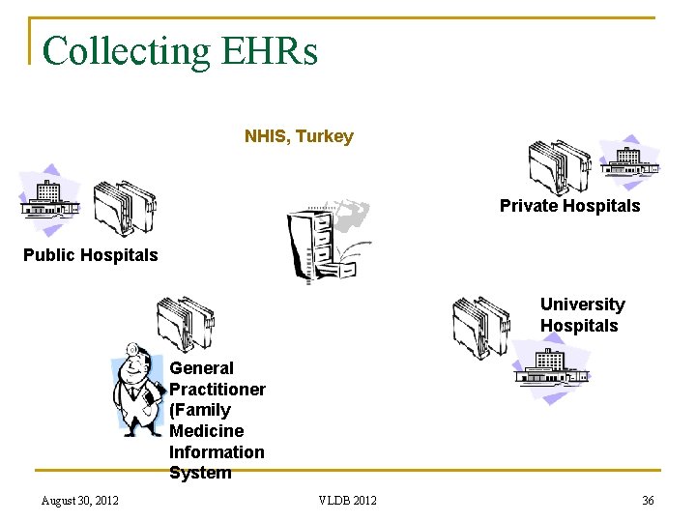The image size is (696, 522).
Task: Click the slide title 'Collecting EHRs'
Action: click(x=180, y=50)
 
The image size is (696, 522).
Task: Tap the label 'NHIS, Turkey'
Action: click(x=299, y=136)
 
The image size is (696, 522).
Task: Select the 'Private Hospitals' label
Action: click(x=569, y=206)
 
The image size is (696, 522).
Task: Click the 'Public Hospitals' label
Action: click(x=90, y=255)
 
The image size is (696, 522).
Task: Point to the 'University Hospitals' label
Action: click(x=582, y=315)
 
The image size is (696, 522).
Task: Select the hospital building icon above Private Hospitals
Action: click(x=629, y=159)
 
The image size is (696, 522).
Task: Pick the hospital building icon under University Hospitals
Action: click(x=551, y=372)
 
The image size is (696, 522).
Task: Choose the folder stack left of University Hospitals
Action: click(x=480, y=326)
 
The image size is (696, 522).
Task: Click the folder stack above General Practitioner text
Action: click(x=186, y=324)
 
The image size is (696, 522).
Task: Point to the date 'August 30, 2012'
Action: click(x=80, y=500)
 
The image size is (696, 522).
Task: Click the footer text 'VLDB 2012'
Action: click(x=348, y=500)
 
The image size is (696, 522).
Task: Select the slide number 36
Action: click(x=648, y=500)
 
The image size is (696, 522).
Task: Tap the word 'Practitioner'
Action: click(x=217, y=390)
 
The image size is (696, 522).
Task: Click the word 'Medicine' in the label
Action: click(x=207, y=431)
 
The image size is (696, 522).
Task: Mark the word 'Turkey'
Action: click(x=325, y=136)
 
